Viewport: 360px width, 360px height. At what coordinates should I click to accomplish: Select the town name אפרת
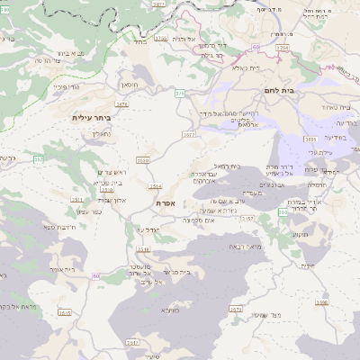pyautogui.click(x=166, y=203)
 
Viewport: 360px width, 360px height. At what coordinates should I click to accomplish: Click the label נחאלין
pyautogui.click(x=101, y=134)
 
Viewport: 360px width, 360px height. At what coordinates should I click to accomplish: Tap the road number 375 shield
pyautogui.click(x=179, y=92)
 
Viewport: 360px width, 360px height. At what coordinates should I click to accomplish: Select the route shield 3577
pyautogui.click(x=188, y=135)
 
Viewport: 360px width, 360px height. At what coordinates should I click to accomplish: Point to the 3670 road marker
pyautogui.click(x=237, y=310)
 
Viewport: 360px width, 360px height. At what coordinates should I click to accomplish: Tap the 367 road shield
pyautogui.click(x=39, y=159)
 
